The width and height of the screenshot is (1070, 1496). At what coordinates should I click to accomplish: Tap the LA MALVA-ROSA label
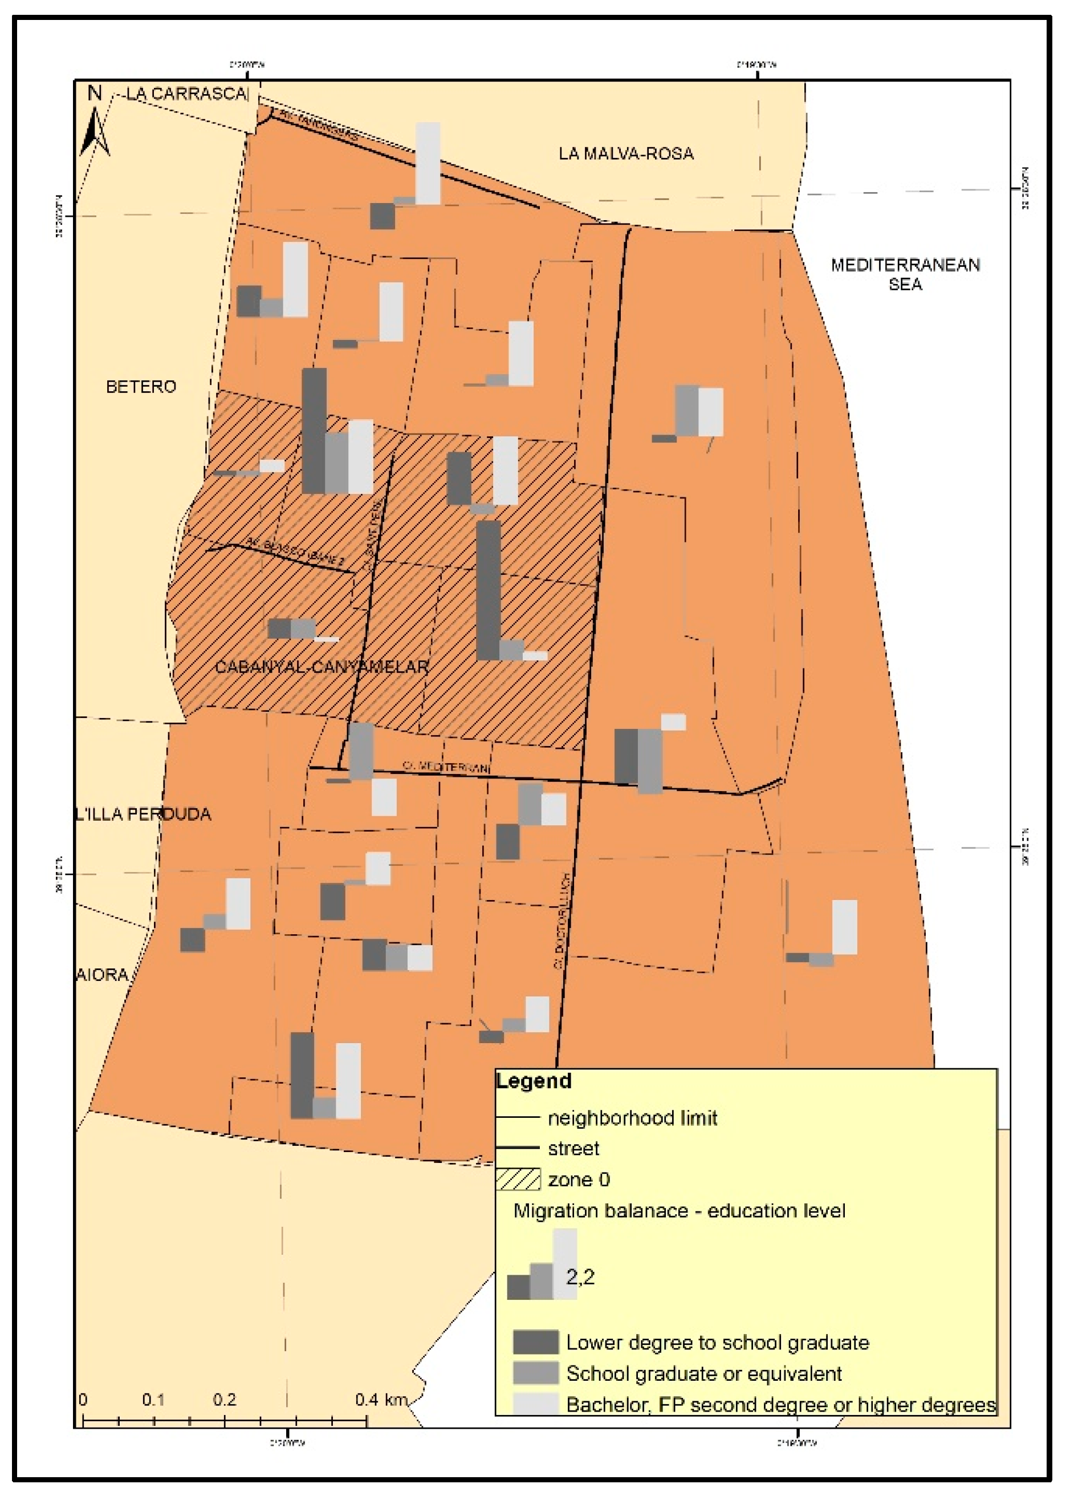[x=626, y=154]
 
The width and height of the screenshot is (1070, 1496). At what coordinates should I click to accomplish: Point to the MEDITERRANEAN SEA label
[x=905, y=274]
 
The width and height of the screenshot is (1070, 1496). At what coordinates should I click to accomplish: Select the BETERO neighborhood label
[x=141, y=387]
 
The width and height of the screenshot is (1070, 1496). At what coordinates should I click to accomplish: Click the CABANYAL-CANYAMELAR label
[x=322, y=667]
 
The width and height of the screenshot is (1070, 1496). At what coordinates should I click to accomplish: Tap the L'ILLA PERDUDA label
[x=144, y=814]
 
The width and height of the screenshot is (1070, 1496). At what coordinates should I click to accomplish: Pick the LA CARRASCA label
[x=187, y=94]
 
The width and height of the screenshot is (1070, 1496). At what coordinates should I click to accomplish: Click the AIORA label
[x=102, y=975]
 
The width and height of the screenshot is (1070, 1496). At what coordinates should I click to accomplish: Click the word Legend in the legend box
[x=534, y=1081]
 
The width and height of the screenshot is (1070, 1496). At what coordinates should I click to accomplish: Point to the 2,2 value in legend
[x=580, y=1276]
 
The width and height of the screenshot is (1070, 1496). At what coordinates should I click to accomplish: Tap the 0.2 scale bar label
[x=225, y=1399]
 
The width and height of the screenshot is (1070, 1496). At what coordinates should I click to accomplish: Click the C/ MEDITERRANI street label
[x=446, y=767]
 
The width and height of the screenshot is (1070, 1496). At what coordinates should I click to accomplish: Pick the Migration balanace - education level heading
[x=678, y=1211]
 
